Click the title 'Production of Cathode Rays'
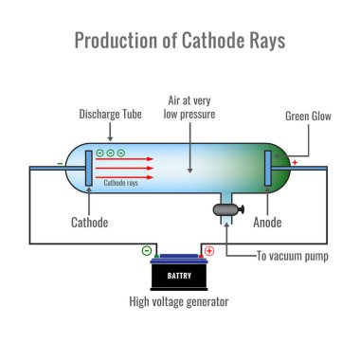179,42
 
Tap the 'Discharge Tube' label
112,117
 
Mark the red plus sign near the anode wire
294,162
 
